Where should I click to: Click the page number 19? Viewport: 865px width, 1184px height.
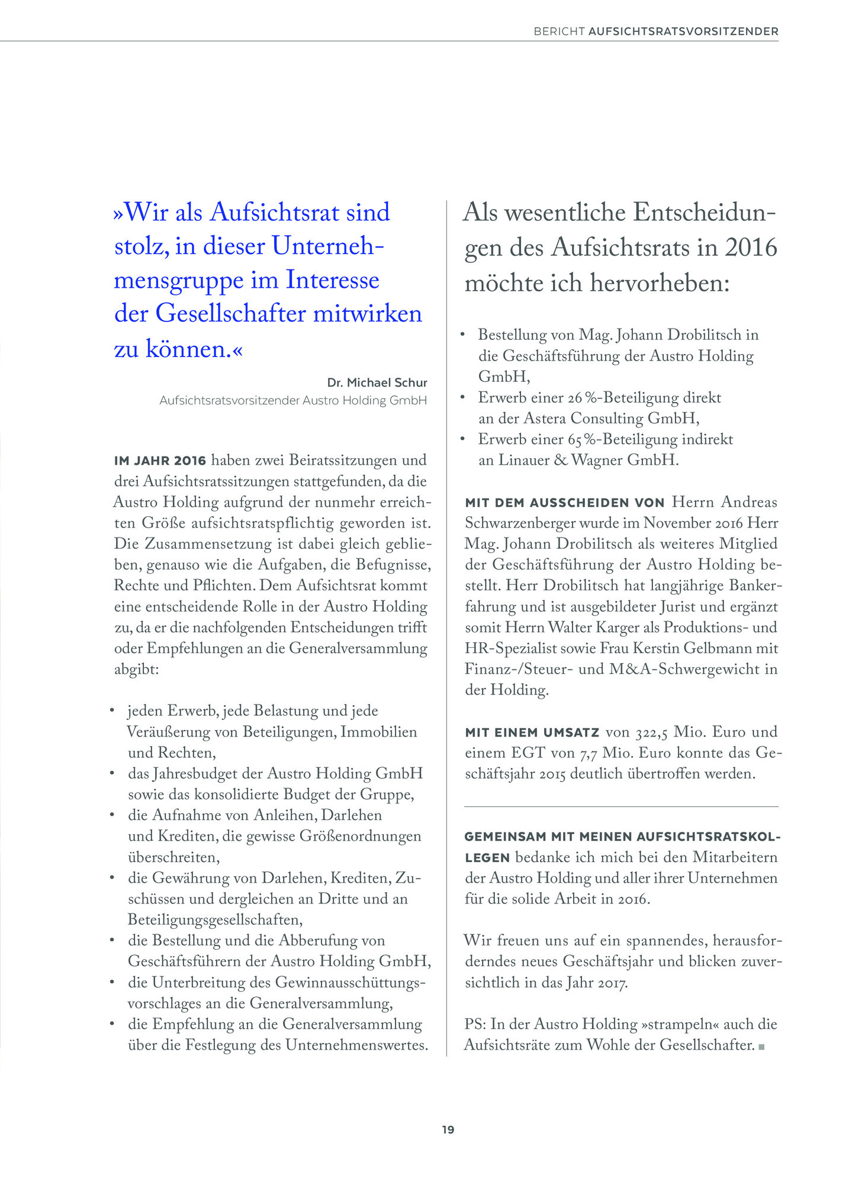click(x=448, y=1130)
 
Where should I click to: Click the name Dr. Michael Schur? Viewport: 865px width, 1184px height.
click(x=377, y=382)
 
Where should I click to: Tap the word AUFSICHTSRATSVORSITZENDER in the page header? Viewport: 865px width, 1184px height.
click(x=683, y=31)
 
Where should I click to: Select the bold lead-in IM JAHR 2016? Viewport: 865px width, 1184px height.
click(x=160, y=461)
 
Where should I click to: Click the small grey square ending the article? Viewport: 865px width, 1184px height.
click(x=761, y=1047)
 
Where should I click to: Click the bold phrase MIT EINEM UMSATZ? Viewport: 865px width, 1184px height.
click(x=532, y=733)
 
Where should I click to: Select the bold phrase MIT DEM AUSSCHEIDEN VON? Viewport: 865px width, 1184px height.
click(x=564, y=503)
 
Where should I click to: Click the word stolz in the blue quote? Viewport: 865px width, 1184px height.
click(x=140, y=246)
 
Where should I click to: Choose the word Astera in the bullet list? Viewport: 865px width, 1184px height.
click(x=545, y=419)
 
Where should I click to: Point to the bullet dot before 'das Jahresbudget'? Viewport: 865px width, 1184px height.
click(x=112, y=773)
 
